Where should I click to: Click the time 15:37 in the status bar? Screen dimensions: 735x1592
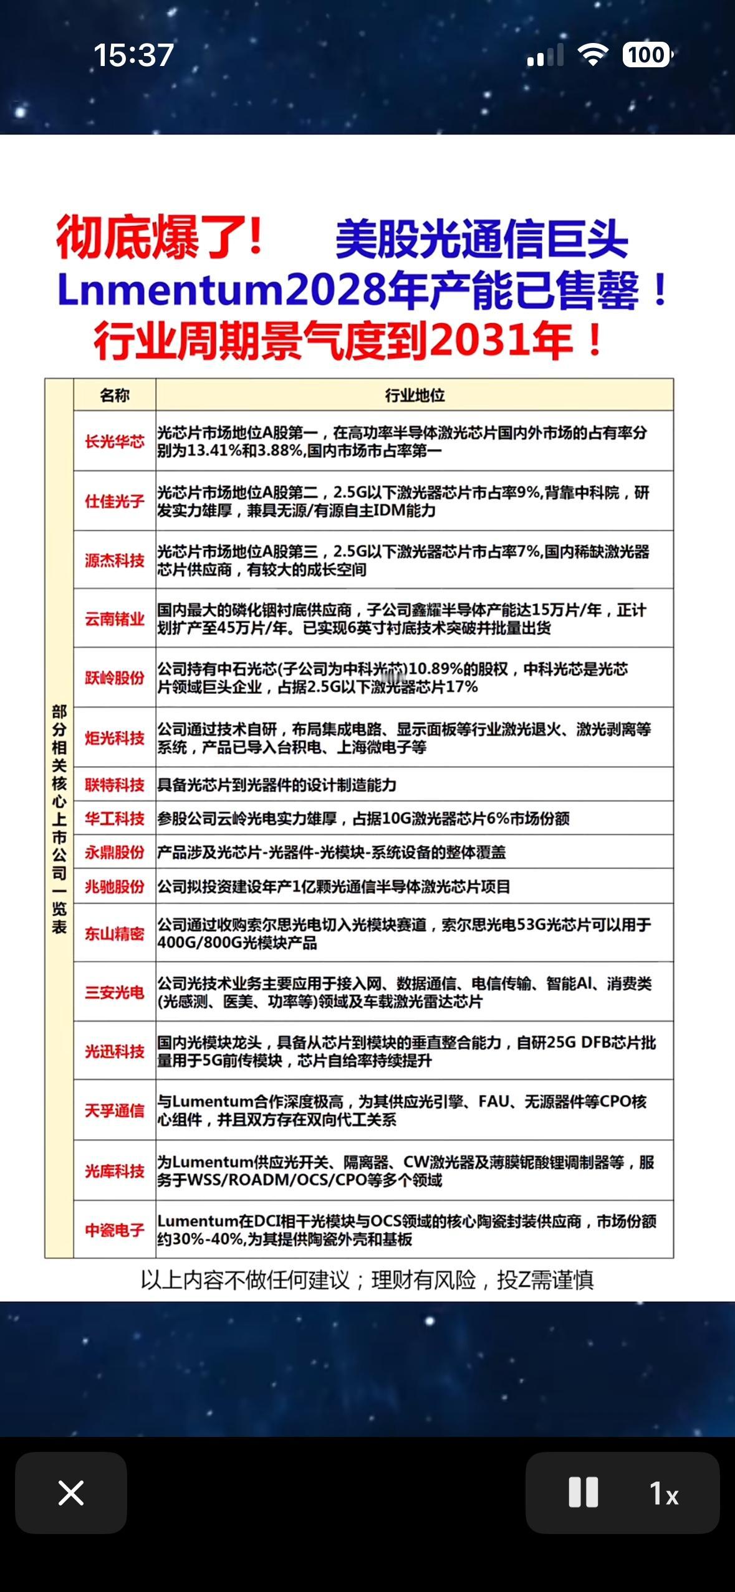(133, 55)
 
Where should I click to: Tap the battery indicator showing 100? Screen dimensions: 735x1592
(647, 55)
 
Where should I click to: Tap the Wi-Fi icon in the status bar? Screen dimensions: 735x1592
(593, 55)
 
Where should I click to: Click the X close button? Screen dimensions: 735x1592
(71, 1492)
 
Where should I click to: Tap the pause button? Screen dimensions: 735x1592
(584, 1492)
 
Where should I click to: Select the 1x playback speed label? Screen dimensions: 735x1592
(664, 1494)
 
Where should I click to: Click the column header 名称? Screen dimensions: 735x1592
(115, 395)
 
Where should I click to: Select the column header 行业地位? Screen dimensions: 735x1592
(415, 395)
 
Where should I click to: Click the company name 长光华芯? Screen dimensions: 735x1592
(115, 442)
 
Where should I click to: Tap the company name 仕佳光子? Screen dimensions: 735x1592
(115, 501)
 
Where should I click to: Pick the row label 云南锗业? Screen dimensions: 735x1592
(115, 619)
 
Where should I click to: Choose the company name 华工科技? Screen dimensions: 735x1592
(115, 818)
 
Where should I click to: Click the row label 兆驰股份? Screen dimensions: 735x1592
(115, 886)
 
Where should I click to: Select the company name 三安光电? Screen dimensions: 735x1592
(115, 992)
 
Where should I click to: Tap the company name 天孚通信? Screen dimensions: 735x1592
(115, 1111)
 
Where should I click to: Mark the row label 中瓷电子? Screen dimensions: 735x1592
(115, 1230)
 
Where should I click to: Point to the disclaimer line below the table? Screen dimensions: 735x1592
(367, 1281)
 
